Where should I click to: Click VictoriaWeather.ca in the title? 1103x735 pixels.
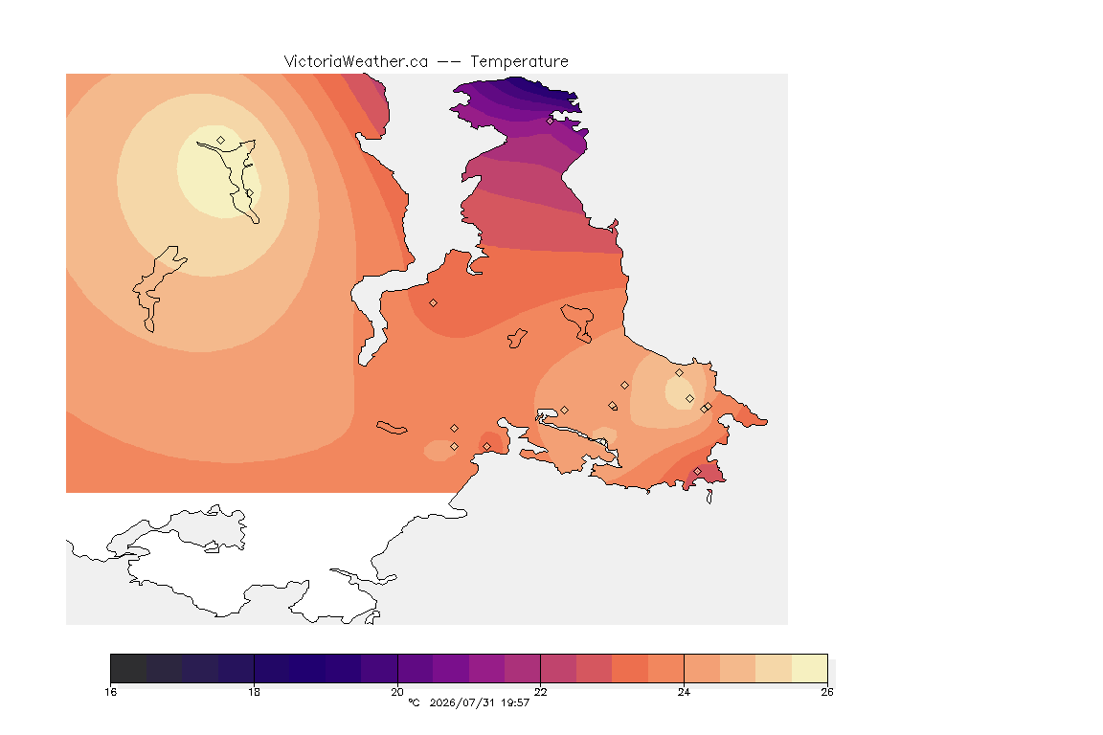pyautogui.click(x=356, y=62)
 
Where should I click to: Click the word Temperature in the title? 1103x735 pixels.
pyautogui.click(x=519, y=62)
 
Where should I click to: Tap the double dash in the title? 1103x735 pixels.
pyautogui.click(x=449, y=62)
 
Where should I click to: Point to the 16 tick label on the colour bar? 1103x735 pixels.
pyautogui.click(x=110, y=692)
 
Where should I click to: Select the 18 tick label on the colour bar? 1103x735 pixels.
pyautogui.click(x=254, y=692)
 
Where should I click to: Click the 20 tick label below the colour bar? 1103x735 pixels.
pyautogui.click(x=397, y=692)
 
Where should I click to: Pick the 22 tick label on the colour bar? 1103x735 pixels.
pyautogui.click(x=540, y=692)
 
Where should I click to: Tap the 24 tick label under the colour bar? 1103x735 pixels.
pyautogui.click(x=684, y=692)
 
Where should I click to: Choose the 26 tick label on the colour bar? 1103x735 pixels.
pyautogui.click(x=827, y=692)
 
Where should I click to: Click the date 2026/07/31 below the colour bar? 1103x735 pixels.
pyautogui.click(x=458, y=702)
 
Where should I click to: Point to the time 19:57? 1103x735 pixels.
pyautogui.click(x=515, y=702)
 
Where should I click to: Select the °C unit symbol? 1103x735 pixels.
pyautogui.click(x=415, y=702)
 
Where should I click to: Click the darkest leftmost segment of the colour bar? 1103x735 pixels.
pyautogui.click(x=128, y=668)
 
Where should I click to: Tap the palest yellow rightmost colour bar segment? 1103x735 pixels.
pyautogui.click(x=809, y=668)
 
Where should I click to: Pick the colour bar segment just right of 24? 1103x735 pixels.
pyautogui.click(x=702, y=668)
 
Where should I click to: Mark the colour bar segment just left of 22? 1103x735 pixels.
pyautogui.click(x=523, y=668)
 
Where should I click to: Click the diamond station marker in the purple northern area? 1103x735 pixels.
pyautogui.click(x=551, y=121)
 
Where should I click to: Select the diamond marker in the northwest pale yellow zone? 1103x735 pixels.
pyautogui.click(x=221, y=141)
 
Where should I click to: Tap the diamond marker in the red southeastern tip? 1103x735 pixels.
pyautogui.click(x=697, y=471)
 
